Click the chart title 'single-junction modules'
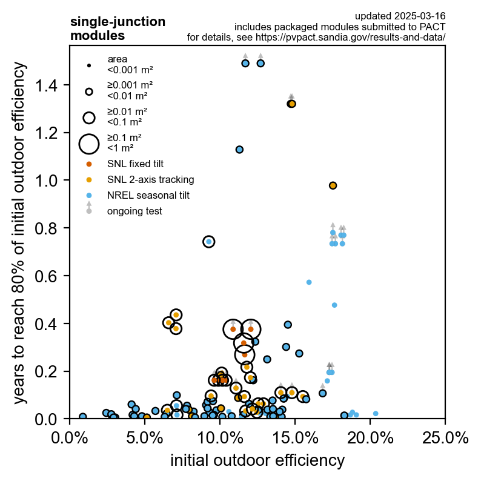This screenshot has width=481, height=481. [x=118, y=28]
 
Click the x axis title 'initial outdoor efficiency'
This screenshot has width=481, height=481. [x=257, y=460]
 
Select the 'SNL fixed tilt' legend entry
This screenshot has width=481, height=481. [x=135, y=164]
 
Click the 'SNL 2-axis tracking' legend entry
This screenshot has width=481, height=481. [x=150, y=179]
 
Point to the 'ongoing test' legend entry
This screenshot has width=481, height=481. [x=134, y=211]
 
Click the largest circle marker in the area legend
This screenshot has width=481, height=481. [x=89, y=144]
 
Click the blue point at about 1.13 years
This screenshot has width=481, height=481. [x=239, y=150]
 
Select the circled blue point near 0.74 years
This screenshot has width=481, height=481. [x=208, y=242]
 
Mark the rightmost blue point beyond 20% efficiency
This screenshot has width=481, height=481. [x=376, y=414]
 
